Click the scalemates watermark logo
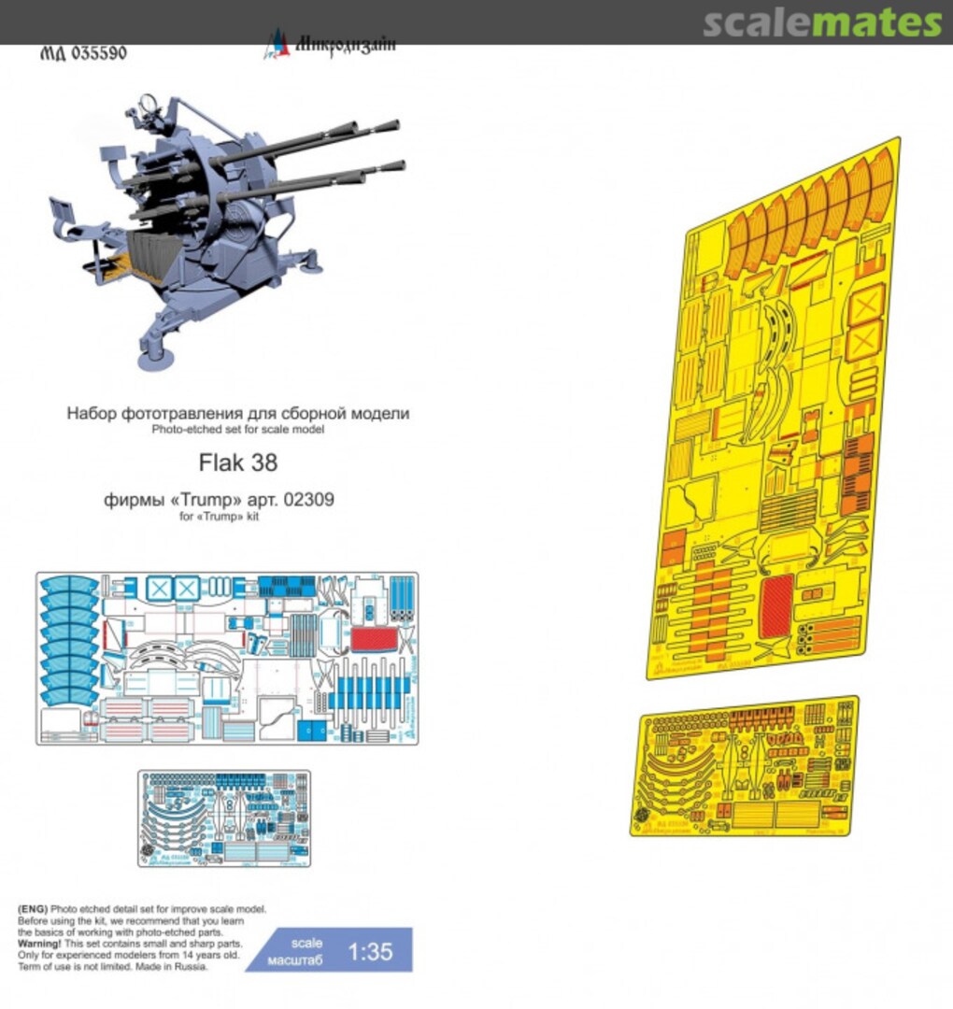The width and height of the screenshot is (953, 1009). (822, 22)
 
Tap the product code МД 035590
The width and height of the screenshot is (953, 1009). (84, 53)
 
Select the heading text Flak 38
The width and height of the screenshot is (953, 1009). (238, 462)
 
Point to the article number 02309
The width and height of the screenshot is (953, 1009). (311, 500)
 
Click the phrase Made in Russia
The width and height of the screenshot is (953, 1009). (175, 967)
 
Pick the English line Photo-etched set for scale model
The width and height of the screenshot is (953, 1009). (238, 430)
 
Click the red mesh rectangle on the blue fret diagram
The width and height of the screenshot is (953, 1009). (372, 641)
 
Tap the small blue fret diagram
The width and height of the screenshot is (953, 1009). (223, 817)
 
